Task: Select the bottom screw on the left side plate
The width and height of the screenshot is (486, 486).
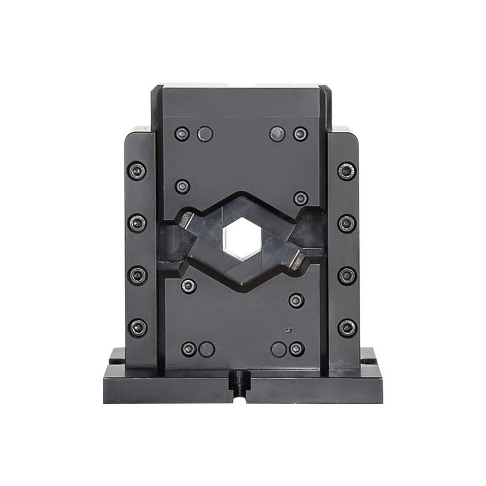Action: click(x=137, y=327)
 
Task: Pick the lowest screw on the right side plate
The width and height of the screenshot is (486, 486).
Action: click(x=347, y=328)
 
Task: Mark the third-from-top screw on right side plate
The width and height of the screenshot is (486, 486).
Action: click(x=347, y=275)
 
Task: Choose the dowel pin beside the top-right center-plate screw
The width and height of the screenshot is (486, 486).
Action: click(x=278, y=134)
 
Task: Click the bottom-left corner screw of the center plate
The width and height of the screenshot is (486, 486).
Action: click(x=188, y=349)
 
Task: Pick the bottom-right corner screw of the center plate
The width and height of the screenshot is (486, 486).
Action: click(x=296, y=349)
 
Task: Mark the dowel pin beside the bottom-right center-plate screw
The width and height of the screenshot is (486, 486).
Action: click(x=278, y=349)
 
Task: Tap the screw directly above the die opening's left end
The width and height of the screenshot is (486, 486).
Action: click(x=182, y=186)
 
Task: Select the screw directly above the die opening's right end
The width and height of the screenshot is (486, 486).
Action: click(x=300, y=198)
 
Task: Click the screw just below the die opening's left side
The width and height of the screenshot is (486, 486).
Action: click(x=188, y=286)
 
